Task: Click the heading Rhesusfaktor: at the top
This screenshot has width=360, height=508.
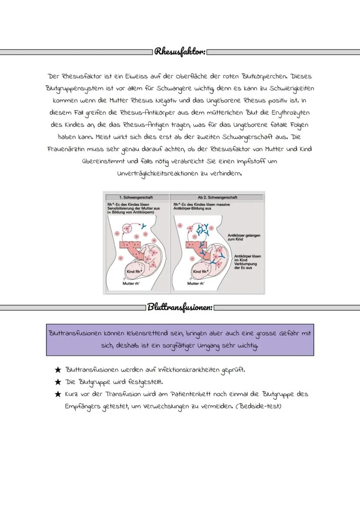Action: [180, 52]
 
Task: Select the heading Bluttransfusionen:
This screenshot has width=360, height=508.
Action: [180, 308]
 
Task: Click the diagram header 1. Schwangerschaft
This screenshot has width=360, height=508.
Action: [136, 197]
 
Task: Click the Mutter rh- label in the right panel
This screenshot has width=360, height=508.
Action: [196, 283]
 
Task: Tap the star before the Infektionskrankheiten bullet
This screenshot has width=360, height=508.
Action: [57, 370]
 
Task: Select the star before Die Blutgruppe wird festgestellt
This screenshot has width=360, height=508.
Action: [57, 382]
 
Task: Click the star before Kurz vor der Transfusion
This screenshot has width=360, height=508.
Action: [57, 395]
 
